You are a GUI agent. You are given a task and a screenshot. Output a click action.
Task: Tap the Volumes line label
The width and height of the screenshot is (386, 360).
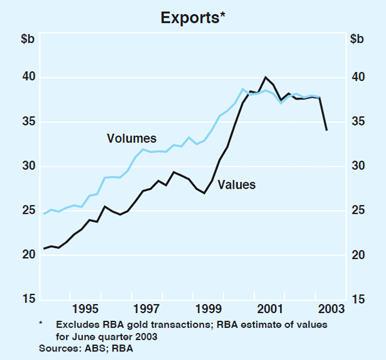131,138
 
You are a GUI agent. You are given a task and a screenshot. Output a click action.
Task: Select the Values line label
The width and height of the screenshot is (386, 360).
237,185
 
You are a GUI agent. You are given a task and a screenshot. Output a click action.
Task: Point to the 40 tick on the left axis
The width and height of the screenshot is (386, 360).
25,78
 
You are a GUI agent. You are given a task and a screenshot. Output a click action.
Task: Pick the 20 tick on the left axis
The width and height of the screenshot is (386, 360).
25,255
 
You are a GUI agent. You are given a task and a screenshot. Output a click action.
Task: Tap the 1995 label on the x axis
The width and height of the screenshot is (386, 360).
86,309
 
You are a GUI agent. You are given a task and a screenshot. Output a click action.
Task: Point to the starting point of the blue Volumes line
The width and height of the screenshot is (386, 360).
44,213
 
